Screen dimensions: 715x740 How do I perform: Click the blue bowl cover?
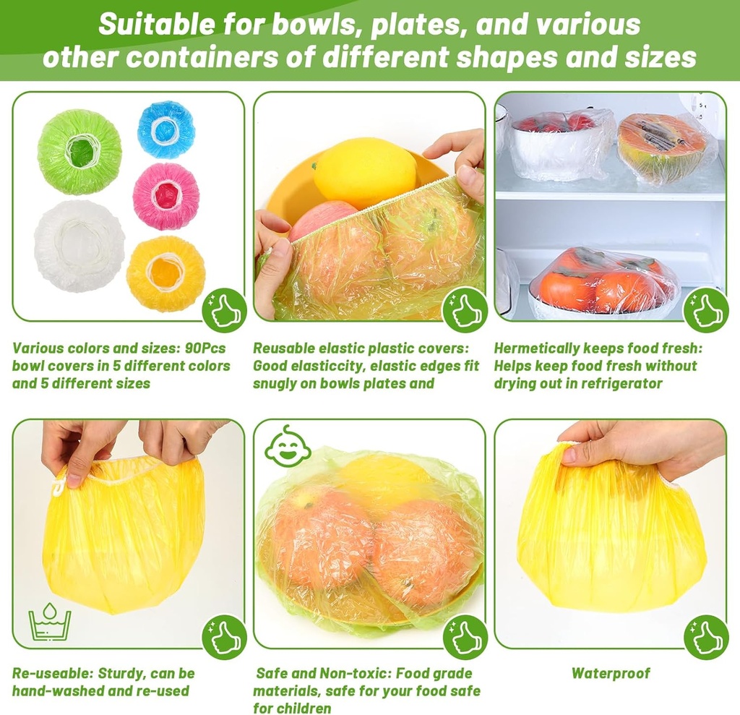(x=165, y=129)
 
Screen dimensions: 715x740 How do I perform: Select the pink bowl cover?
(x=165, y=196)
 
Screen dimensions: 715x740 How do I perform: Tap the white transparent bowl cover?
(x=79, y=246)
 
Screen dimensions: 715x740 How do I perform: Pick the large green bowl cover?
(x=79, y=152)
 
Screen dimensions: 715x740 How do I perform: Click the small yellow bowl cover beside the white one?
(x=165, y=273)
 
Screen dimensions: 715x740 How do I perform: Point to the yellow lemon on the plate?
(x=364, y=174)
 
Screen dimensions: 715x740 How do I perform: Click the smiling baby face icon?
(x=288, y=447)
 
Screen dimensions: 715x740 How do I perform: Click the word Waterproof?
(x=611, y=674)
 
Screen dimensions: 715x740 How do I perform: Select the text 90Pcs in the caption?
(x=205, y=348)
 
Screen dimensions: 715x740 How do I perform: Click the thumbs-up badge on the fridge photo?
(x=705, y=311)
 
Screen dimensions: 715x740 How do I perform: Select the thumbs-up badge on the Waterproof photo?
(x=705, y=637)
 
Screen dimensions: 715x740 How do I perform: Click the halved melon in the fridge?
(x=661, y=147)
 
